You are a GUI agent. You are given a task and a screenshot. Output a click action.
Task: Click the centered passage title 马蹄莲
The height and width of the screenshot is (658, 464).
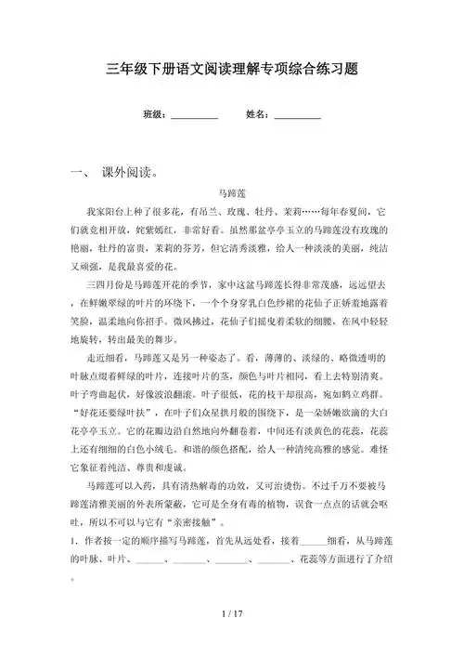(232, 194)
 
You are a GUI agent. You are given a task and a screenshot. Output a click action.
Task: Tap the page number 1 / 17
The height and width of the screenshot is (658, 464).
(232, 614)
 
